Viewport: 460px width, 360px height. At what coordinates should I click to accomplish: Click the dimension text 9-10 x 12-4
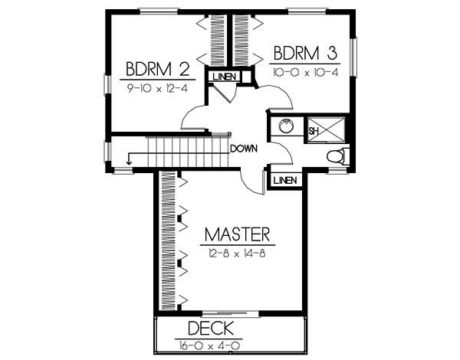(x=159, y=87)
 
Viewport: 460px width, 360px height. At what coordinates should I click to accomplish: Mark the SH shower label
(x=313, y=131)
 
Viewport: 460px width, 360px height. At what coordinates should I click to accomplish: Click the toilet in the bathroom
(x=336, y=157)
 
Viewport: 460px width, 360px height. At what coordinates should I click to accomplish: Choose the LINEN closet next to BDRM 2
(x=223, y=77)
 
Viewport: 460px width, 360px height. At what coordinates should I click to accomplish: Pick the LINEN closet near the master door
(x=284, y=180)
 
